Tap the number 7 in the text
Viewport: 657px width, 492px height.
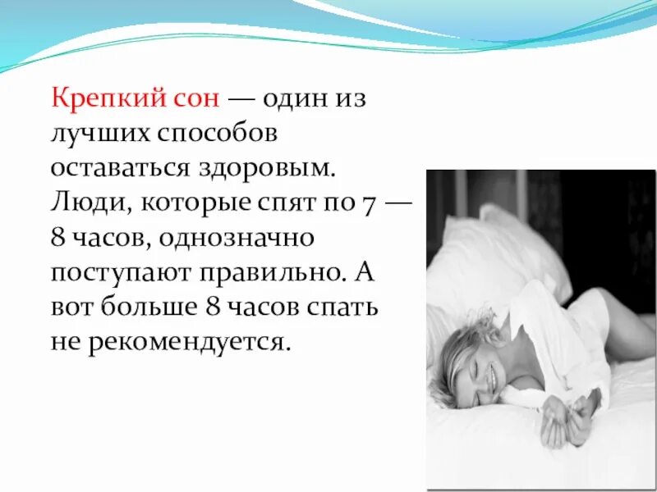tap(367, 203)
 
